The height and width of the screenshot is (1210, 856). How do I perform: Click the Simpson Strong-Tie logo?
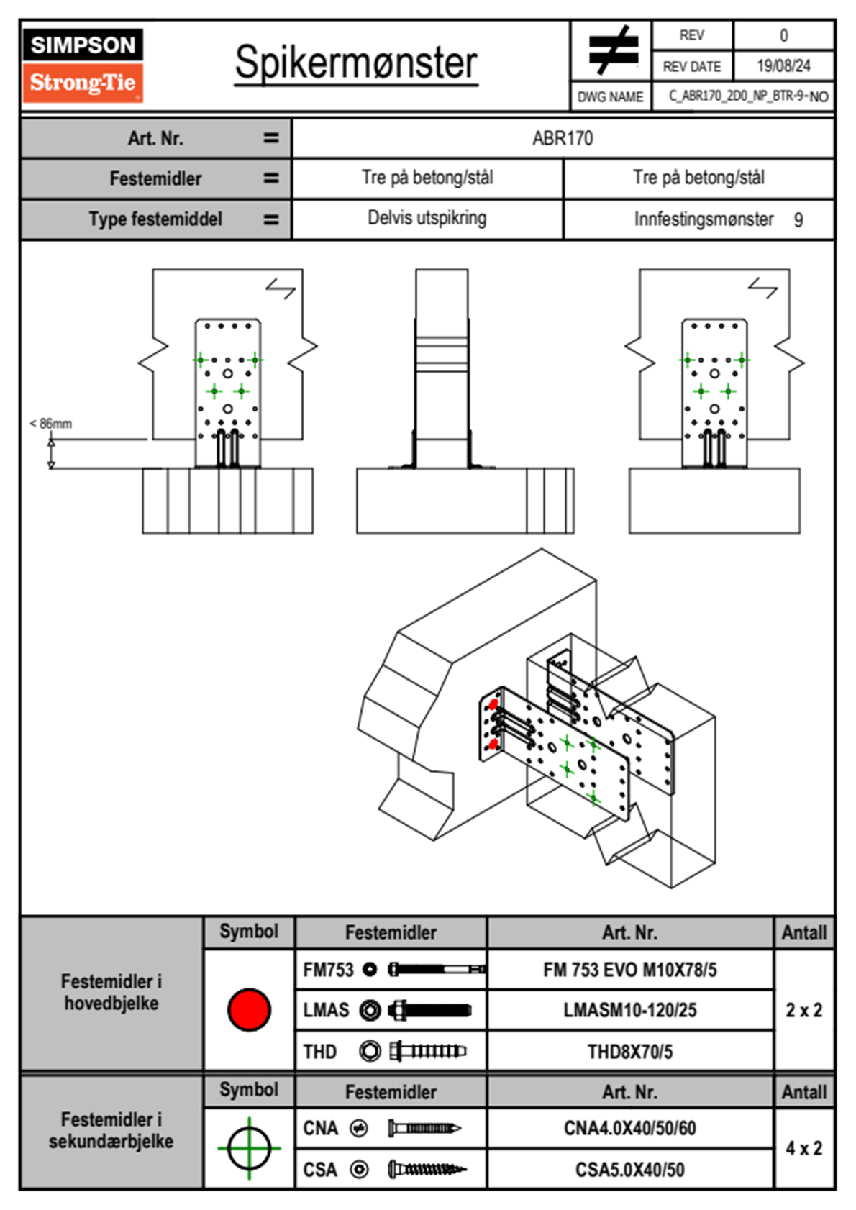pyautogui.click(x=82, y=65)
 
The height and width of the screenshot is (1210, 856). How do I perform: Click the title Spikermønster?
pyautogui.click(x=355, y=63)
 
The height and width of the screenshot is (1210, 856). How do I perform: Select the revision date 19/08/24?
pyautogui.click(x=783, y=66)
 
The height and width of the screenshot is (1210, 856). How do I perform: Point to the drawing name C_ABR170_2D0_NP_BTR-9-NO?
pyautogui.click(x=747, y=96)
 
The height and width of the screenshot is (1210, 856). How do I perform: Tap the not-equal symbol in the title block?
pyautogui.click(x=611, y=50)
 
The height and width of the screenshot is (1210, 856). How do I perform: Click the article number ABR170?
pyautogui.click(x=563, y=138)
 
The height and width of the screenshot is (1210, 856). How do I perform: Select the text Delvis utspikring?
pyautogui.click(x=427, y=218)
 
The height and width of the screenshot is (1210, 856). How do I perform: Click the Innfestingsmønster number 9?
pyautogui.click(x=798, y=220)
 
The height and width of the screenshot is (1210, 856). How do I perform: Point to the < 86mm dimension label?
pyautogui.click(x=51, y=424)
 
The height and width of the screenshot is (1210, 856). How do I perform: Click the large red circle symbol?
pyautogui.click(x=249, y=1009)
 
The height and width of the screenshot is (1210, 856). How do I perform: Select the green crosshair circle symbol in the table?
pyautogui.click(x=249, y=1148)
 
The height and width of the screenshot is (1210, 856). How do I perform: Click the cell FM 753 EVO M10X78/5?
pyautogui.click(x=629, y=970)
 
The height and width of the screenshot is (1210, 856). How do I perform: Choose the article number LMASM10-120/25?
pyautogui.click(x=629, y=1011)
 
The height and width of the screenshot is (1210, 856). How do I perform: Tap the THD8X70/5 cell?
pyautogui.click(x=629, y=1052)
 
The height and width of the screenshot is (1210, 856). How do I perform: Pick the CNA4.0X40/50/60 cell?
pyautogui.click(x=629, y=1128)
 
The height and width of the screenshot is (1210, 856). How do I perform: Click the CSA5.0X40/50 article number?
pyautogui.click(x=629, y=1170)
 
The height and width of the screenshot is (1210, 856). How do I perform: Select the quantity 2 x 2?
pyautogui.click(x=803, y=1011)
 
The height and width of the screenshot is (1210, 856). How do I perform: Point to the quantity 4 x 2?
pyautogui.click(x=803, y=1149)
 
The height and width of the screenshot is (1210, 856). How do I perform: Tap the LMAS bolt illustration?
pyautogui.click(x=429, y=1011)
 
